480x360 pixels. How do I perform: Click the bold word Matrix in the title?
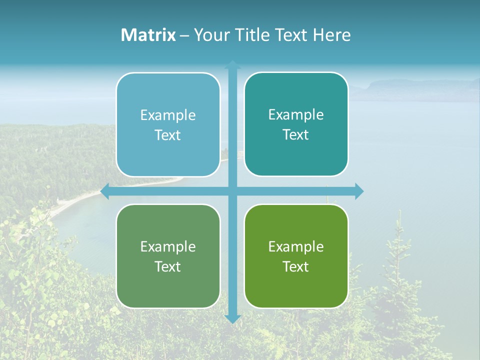pos(148,35)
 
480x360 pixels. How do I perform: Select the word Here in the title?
pos(331,35)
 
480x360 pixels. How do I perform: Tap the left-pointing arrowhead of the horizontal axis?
pos(105,191)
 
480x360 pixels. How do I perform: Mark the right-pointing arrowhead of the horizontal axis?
pos(359,191)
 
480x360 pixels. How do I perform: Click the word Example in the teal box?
pos(296,115)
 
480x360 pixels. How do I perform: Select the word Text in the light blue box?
pos(168,135)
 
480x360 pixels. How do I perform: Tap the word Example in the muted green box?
pos(168,246)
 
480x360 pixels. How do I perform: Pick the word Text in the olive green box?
pos(296,266)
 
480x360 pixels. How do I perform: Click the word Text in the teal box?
pos(296,135)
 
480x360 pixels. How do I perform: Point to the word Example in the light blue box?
pos(168,115)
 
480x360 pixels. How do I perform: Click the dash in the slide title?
pos(184,35)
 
